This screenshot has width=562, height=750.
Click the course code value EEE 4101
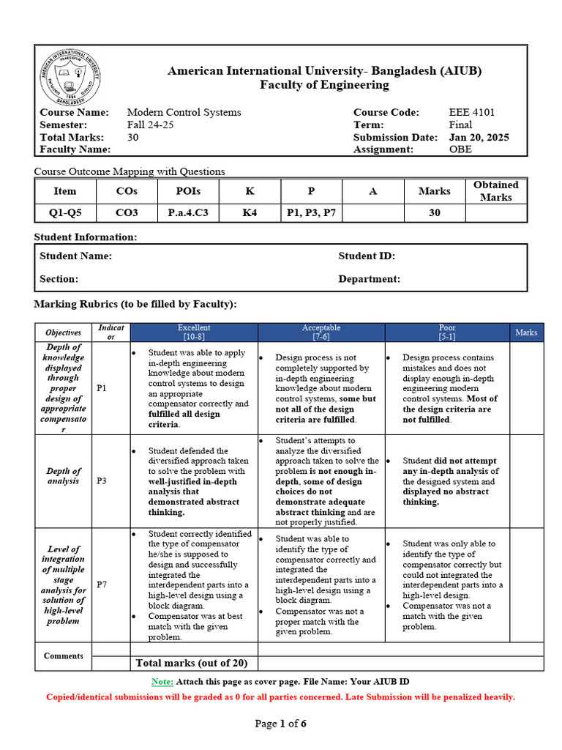(x=471, y=112)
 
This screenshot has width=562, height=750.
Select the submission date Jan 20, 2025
(x=479, y=137)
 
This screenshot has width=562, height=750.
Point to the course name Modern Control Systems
(x=184, y=112)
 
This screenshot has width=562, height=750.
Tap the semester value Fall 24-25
(x=150, y=125)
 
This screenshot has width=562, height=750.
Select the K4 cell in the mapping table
(x=250, y=212)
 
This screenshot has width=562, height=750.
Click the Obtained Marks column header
(x=495, y=191)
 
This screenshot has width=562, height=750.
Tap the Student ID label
(x=366, y=256)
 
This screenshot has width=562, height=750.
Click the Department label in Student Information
(x=369, y=279)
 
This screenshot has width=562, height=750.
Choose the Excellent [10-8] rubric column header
(x=194, y=332)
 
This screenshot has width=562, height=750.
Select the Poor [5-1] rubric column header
(x=446, y=332)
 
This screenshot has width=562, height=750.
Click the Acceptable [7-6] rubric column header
(x=321, y=332)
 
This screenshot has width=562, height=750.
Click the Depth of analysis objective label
(x=64, y=476)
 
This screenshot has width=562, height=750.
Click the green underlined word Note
(x=162, y=681)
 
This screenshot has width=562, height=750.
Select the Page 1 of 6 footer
(x=280, y=724)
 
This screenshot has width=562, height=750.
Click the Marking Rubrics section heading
(x=135, y=304)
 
